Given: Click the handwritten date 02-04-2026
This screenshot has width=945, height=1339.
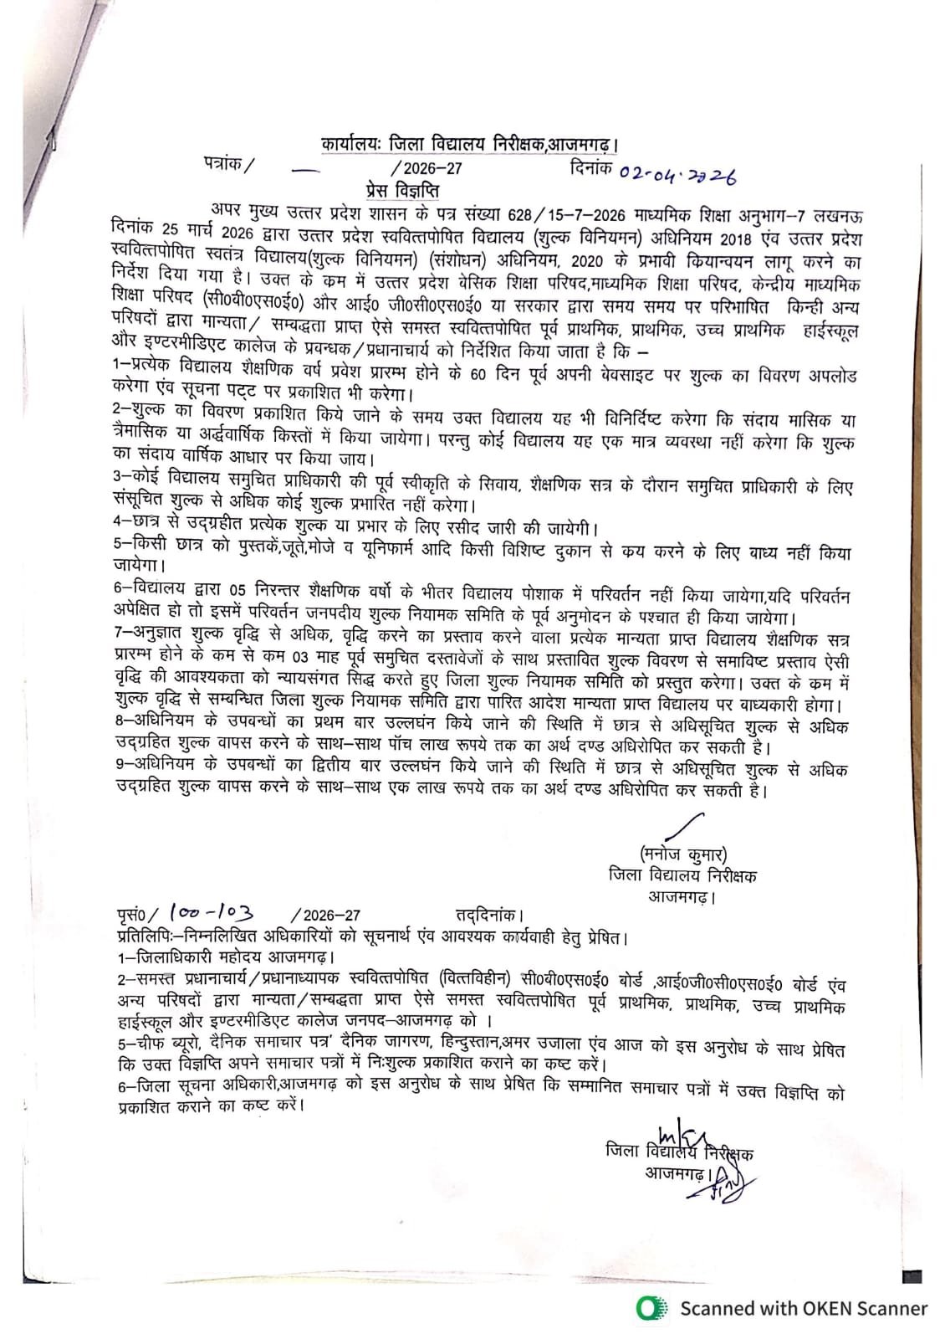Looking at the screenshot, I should click(x=677, y=174).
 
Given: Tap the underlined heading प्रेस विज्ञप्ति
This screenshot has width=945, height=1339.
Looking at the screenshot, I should click(x=402, y=191).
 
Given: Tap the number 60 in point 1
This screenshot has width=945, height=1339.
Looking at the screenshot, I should click(x=478, y=373).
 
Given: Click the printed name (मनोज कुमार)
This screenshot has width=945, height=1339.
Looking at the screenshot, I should click(x=683, y=854).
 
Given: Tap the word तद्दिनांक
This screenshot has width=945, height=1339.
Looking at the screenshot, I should click(x=488, y=916).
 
